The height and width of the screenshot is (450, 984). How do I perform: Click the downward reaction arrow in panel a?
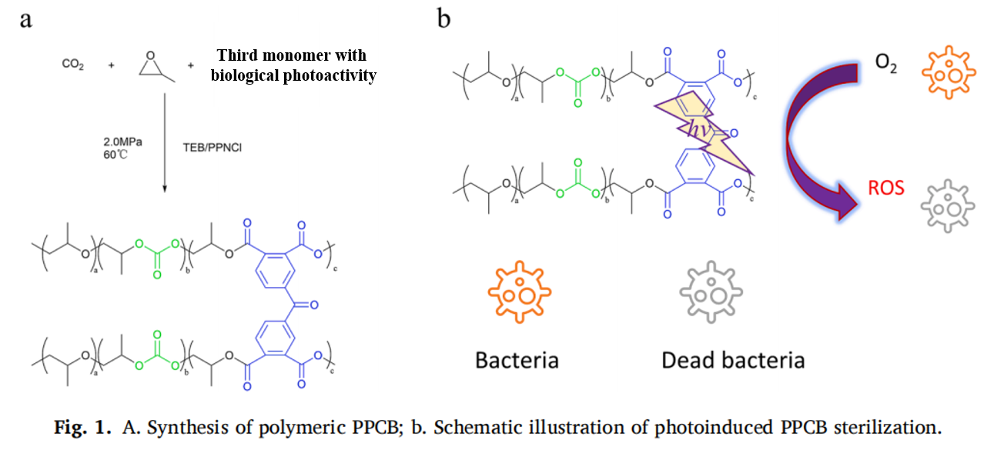[x=166, y=139]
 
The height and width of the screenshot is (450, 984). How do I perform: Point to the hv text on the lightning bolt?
[x=688, y=132]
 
